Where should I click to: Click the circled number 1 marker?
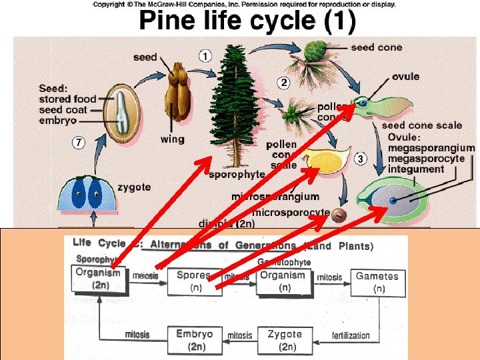pos(205,57)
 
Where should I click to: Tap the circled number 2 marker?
pos(283,83)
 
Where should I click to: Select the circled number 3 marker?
pos(360,159)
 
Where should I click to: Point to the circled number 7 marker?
pos(79,143)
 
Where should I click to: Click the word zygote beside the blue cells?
pos(134,187)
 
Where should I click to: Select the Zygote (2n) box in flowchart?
pos(285,340)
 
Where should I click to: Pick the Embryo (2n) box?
pos(195,340)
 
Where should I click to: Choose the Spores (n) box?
pos(194,281)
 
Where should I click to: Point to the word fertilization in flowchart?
pos(350,335)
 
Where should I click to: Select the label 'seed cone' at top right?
pos(377,47)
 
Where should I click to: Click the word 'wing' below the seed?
pos(173,139)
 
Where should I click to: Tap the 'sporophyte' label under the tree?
pos(237,175)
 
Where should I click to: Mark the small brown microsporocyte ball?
pos(339,215)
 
